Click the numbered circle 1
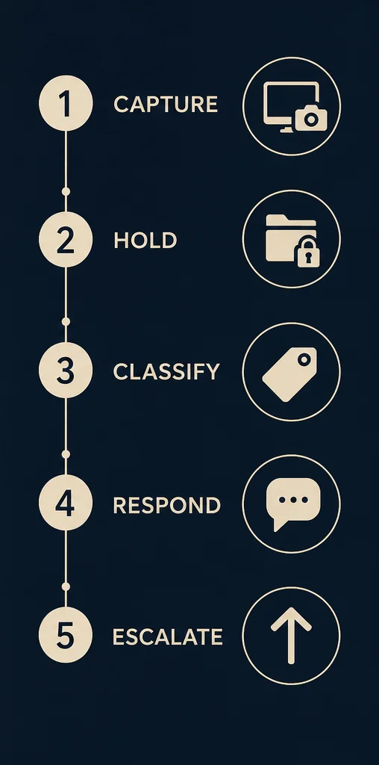pos(66,103)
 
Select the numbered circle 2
pos(66,239)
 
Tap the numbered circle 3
pos(66,371)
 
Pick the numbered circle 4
pos(66,503)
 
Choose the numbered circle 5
pos(66,635)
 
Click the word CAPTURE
pos(166,105)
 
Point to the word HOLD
pos(145,241)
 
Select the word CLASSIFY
pos(166,372)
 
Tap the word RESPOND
pos(167,506)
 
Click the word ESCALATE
pos(168,637)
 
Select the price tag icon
pos(290,374)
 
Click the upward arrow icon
pos(291,636)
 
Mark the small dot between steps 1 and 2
pos(66,191)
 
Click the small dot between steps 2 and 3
pos(66,321)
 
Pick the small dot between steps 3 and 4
pos(66,454)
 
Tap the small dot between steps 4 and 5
pos(66,586)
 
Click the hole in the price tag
pos(304,360)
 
